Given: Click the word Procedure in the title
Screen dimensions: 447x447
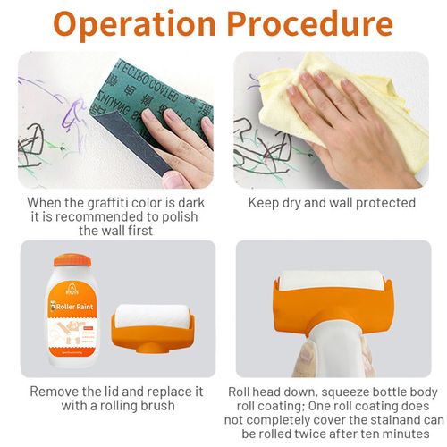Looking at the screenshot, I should click(308, 24).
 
